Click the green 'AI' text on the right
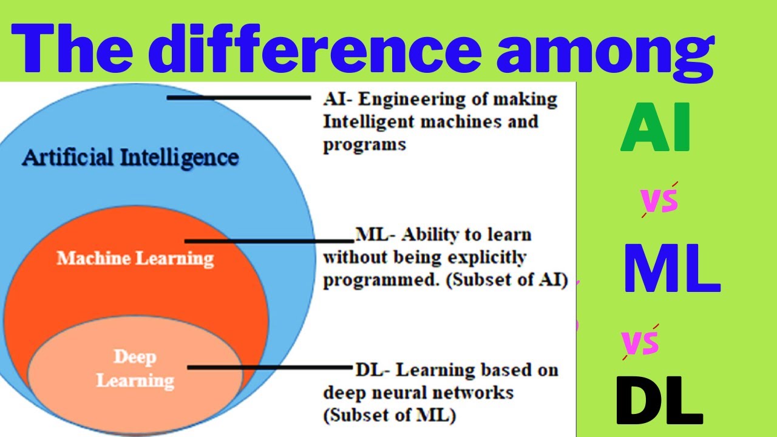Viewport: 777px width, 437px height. tap(656, 127)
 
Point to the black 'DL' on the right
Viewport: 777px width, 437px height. tap(659, 401)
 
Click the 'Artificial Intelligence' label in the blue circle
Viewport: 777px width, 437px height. tap(131, 158)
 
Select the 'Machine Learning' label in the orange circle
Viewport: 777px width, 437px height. tap(135, 259)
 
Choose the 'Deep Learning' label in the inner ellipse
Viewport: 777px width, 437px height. tap(135, 368)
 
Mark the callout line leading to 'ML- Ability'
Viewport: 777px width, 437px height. tap(270, 241)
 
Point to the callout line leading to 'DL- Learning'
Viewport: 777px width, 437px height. tap(270, 367)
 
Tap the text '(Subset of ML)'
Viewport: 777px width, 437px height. tap(390, 416)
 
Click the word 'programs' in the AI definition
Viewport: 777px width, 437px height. tap(364, 145)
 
